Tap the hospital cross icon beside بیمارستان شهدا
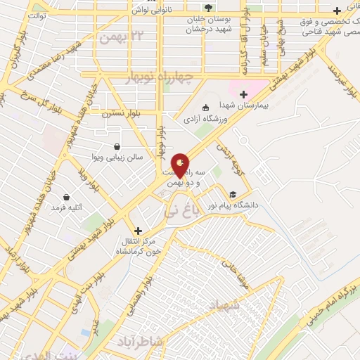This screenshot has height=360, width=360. click(x=243, y=94)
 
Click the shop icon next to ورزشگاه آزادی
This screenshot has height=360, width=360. click(x=205, y=108)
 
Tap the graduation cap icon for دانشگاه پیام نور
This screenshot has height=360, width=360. click(x=232, y=195)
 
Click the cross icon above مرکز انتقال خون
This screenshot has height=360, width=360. click(x=138, y=230)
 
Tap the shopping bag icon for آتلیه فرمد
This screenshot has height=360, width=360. click(x=66, y=197)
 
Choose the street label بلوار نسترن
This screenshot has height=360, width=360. click(x=120, y=112)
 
